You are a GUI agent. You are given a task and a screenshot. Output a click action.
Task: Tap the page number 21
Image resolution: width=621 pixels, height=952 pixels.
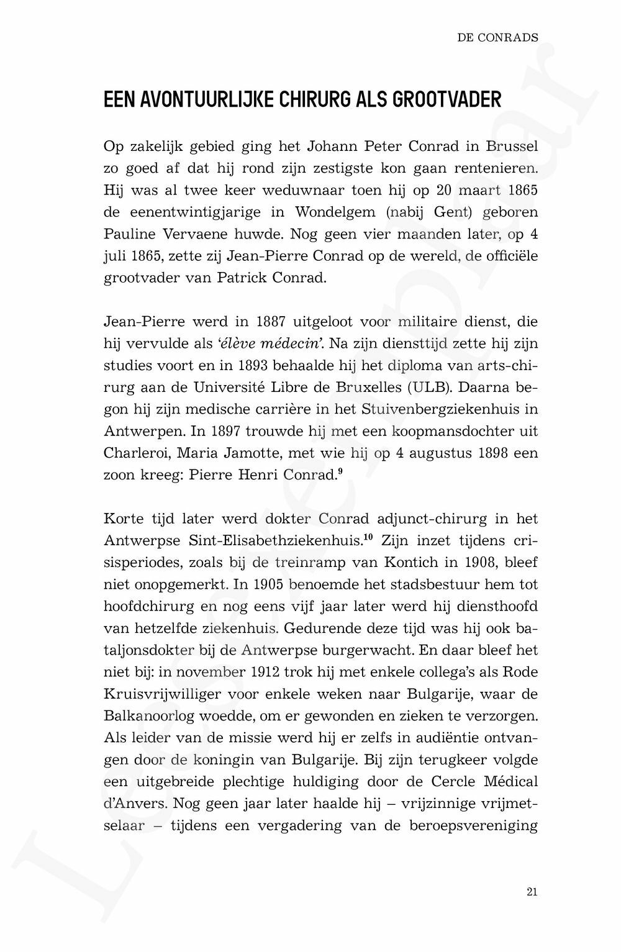coord(532,892)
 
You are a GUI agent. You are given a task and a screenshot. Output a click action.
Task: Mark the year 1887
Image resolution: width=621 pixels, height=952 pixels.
coord(269,322)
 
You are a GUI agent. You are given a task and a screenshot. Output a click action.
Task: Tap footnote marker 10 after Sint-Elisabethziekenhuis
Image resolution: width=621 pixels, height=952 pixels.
coord(369,537)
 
